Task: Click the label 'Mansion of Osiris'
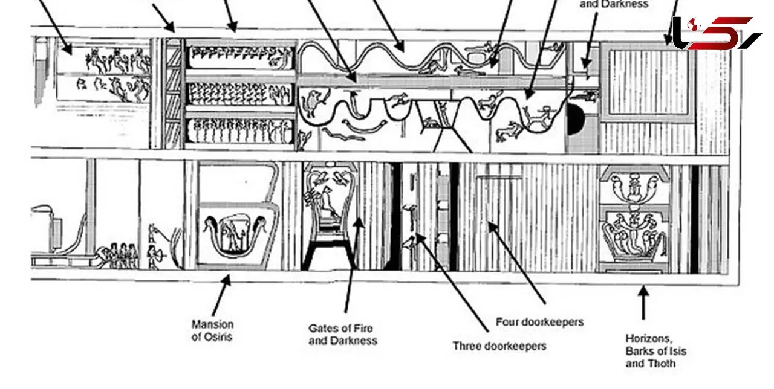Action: tap(212, 330)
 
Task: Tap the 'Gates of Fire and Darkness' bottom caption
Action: tap(343, 334)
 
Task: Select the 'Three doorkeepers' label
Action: tap(499, 346)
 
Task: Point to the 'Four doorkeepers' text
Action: tap(540, 322)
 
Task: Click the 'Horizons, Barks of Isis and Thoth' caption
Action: tap(655, 351)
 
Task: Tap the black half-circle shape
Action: tap(575, 119)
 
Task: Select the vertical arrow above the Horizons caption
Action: tap(643, 303)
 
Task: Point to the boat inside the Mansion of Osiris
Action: tap(235, 236)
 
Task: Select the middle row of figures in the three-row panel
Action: tap(241, 94)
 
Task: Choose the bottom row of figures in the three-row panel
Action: tap(241, 131)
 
